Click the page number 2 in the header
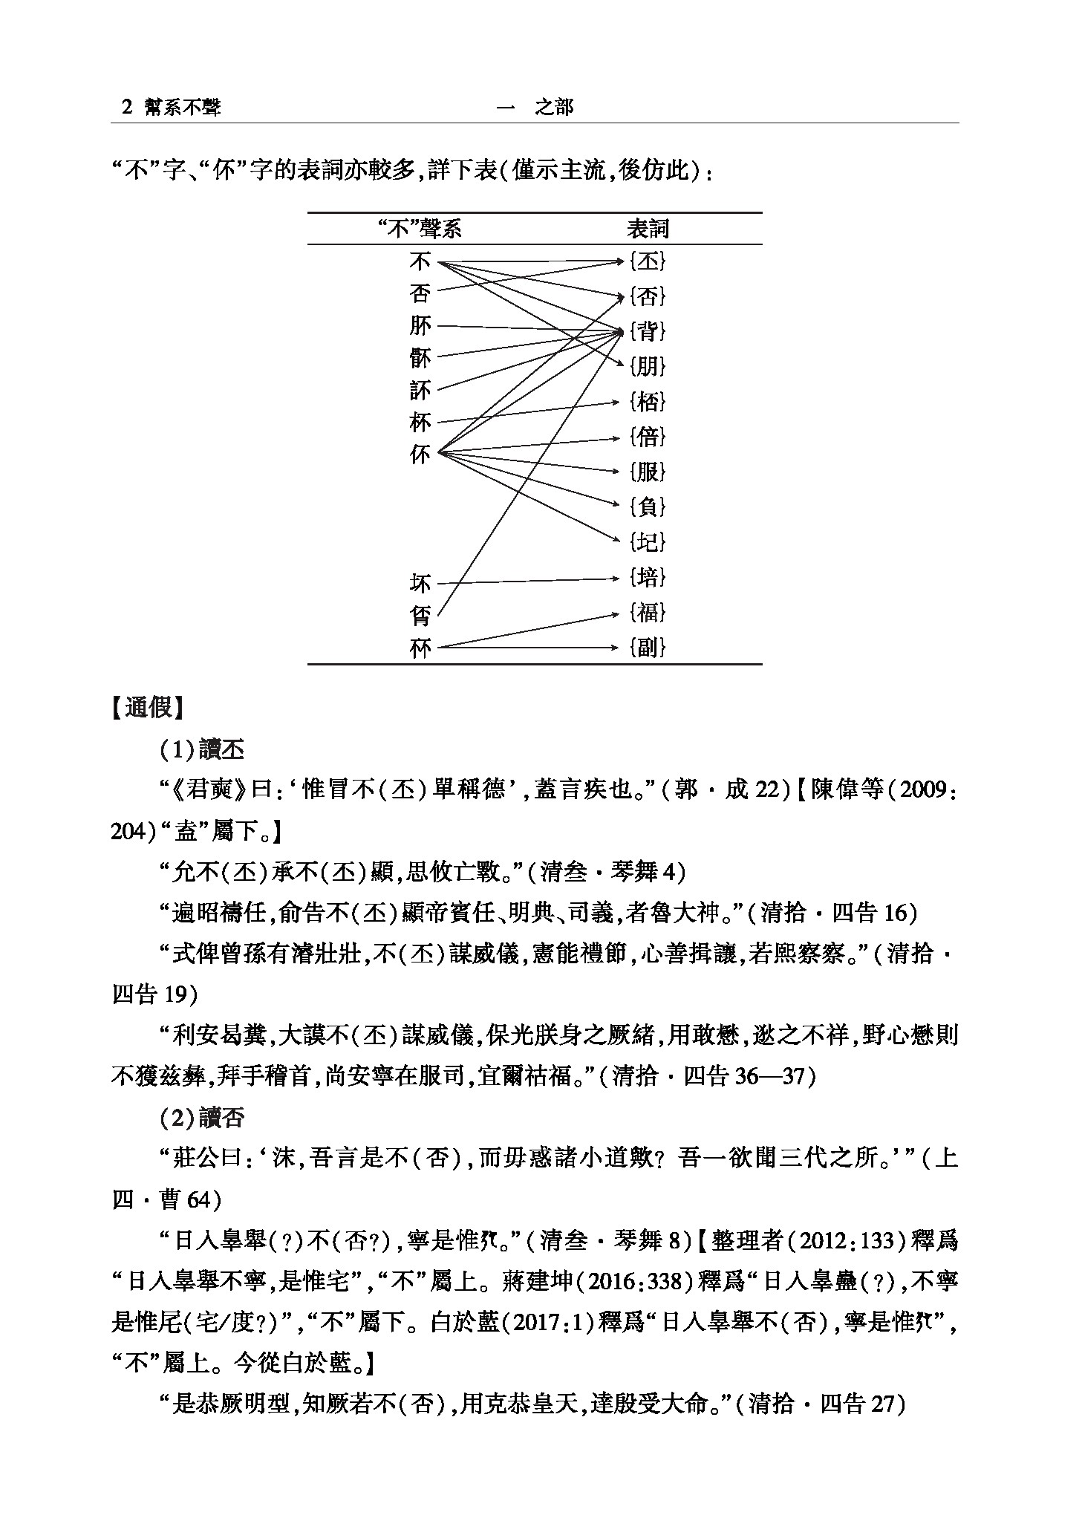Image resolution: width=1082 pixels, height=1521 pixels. [126, 108]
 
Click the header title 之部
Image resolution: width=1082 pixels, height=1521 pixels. [555, 108]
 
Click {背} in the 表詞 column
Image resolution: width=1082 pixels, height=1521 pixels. [648, 331]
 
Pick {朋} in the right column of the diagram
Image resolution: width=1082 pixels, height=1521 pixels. [648, 366]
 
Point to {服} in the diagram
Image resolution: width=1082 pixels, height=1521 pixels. [648, 472]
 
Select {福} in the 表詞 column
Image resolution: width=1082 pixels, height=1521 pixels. [648, 613]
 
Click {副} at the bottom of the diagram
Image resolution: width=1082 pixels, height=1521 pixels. [648, 648]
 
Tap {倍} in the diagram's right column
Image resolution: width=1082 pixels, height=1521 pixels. [648, 437]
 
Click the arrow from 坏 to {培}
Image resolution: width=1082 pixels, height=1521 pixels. [527, 580]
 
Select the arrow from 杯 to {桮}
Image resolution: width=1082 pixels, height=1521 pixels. [527, 412]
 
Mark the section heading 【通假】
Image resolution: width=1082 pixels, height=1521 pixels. [147, 708]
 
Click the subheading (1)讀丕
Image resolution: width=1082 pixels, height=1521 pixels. [202, 749]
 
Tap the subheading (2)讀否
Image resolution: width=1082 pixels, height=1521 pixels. [202, 1118]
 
